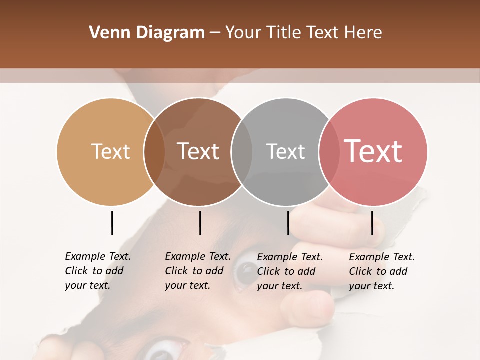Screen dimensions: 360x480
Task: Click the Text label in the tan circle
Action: coord(110,152)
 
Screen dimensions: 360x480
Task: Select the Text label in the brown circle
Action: coord(198,152)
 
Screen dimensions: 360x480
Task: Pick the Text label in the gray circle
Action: coord(285,152)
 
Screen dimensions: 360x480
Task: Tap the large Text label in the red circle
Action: coord(373,151)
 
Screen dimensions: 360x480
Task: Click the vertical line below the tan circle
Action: coord(112,223)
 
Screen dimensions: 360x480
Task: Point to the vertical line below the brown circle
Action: coord(200,223)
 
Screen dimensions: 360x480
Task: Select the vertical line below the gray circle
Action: coord(288,223)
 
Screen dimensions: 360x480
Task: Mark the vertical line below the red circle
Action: coord(372,223)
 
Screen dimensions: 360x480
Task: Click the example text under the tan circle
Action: coord(98,271)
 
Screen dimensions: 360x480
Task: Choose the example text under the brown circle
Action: coord(198,271)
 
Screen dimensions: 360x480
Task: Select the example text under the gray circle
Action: coord(290,271)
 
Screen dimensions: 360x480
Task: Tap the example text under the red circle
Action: coord(382,271)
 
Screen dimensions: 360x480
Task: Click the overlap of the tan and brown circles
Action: coord(154,152)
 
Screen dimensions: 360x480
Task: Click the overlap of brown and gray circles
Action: coord(242,152)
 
